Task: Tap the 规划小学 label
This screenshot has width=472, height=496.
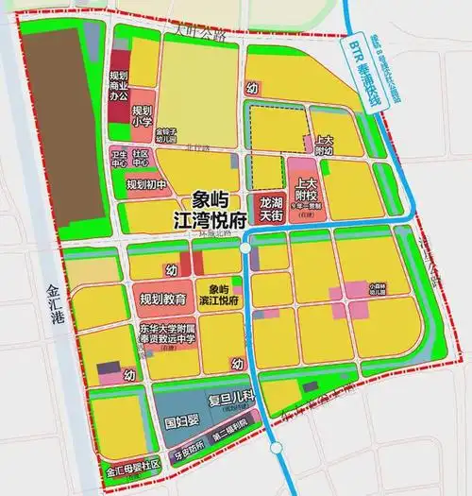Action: [142, 116]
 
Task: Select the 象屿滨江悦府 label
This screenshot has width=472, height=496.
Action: [219, 295]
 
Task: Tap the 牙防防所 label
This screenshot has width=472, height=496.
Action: [184, 450]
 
